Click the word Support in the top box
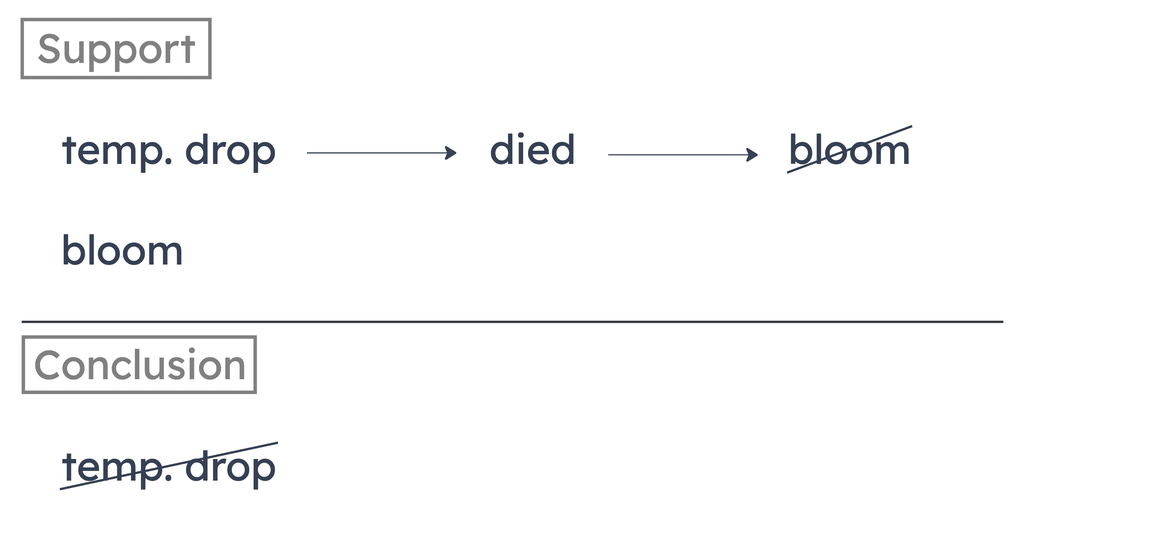click(116, 49)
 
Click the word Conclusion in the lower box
click(139, 365)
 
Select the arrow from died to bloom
click(682, 155)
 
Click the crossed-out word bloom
click(849, 150)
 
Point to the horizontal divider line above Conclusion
click(512, 321)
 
